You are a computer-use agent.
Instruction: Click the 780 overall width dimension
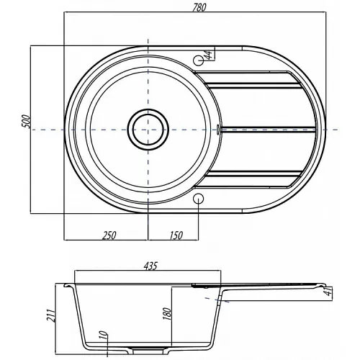click(x=199, y=7)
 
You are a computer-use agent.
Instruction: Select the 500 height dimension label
click(x=27, y=122)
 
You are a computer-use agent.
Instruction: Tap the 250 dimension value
click(x=109, y=235)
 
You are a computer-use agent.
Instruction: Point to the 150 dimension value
click(x=176, y=235)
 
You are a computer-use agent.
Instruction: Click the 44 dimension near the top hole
click(x=208, y=55)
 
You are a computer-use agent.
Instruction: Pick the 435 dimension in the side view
click(x=150, y=266)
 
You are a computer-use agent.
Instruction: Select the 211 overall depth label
click(x=51, y=315)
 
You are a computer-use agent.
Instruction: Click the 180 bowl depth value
click(x=167, y=313)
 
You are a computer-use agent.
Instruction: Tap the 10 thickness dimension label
click(x=103, y=334)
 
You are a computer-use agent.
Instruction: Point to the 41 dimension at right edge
click(x=329, y=291)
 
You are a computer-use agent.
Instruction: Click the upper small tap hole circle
click(x=199, y=60)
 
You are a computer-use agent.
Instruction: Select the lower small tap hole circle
click(x=199, y=199)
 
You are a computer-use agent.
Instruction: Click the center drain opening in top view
click(x=148, y=130)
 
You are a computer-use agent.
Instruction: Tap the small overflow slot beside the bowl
click(x=218, y=130)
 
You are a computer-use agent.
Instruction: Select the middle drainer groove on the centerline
click(x=267, y=130)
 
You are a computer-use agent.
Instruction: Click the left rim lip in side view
click(x=68, y=285)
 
